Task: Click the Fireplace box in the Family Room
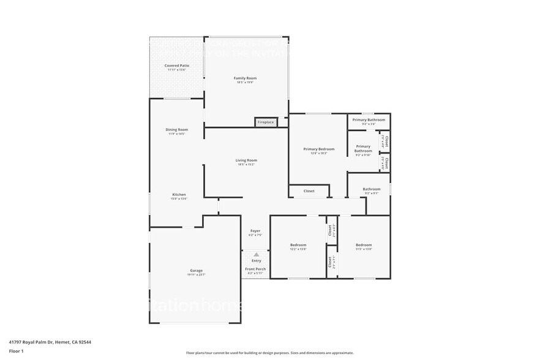pyautogui.click(x=266, y=122)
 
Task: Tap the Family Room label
pyautogui.click(x=245, y=78)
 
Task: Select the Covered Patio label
pyautogui.click(x=176, y=66)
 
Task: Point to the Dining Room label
pyautogui.click(x=176, y=130)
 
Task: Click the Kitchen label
pyautogui.click(x=178, y=195)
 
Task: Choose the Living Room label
pyautogui.click(x=246, y=160)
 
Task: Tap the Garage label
pyautogui.click(x=196, y=271)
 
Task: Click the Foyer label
pyautogui.click(x=255, y=231)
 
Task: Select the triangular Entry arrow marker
pyautogui.click(x=256, y=254)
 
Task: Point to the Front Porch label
pyautogui.click(x=256, y=269)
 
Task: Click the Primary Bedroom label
pyautogui.click(x=319, y=149)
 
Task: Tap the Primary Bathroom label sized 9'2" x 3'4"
pyautogui.click(x=369, y=120)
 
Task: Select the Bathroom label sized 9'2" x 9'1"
pyautogui.click(x=372, y=189)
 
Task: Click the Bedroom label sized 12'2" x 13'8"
pyautogui.click(x=298, y=245)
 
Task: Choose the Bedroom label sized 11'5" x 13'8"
pyautogui.click(x=364, y=245)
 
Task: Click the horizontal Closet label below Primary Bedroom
pyautogui.click(x=309, y=191)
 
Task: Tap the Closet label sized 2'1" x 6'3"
pyautogui.click(x=330, y=230)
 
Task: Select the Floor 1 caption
pyautogui.click(x=16, y=351)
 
